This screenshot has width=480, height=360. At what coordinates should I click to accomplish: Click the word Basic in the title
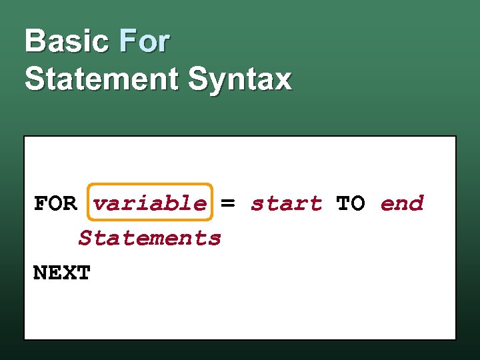pos(67,41)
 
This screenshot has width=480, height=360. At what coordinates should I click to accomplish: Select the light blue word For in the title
pos(145,41)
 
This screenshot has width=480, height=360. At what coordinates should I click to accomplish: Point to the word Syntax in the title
pos(239,80)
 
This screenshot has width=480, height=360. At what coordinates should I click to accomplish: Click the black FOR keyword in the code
pos(55,203)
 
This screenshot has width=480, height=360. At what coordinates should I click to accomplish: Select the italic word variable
pos(150,203)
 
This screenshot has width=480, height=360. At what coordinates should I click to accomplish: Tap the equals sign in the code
pos(228,203)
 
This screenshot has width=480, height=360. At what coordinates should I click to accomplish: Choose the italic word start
pos(286,203)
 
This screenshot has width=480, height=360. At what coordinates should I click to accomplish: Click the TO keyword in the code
pos(351,203)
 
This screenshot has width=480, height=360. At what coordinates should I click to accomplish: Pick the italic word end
pos(402,203)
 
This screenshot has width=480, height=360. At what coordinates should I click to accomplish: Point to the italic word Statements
pos(149,238)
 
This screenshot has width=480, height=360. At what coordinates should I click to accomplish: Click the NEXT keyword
pos(61,273)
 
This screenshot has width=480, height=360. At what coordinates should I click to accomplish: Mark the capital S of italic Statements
pos(85,238)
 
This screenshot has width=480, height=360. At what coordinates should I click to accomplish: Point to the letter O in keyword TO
pos(358,203)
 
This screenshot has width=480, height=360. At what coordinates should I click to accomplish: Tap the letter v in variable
pos(100,204)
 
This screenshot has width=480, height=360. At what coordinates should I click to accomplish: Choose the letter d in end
pos(417,203)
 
